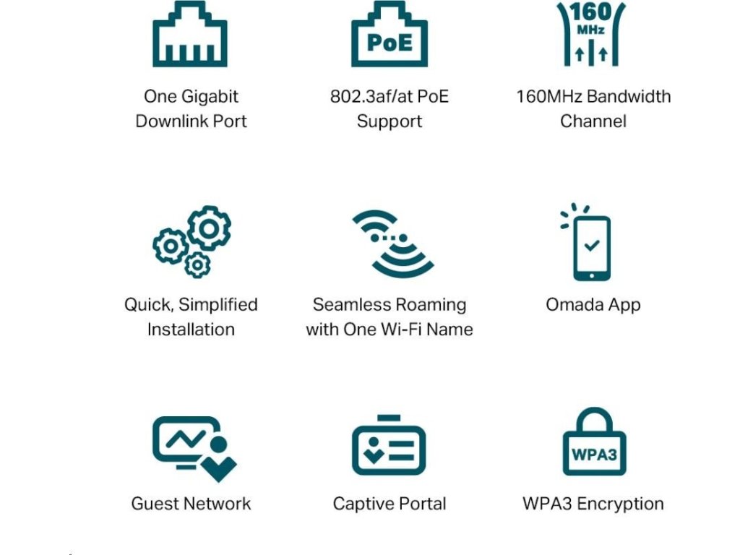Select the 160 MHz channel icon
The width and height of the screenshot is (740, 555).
click(x=591, y=34)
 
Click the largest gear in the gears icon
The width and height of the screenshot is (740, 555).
click(x=209, y=228)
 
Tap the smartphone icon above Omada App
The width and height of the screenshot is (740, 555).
click(x=591, y=246)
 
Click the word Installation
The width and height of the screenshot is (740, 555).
click(x=191, y=330)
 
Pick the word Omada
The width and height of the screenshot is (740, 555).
click(x=573, y=305)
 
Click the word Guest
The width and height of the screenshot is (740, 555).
click(x=155, y=504)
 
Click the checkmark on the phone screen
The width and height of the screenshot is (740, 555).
click(x=592, y=246)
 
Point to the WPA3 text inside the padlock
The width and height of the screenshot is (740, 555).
click(x=594, y=455)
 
